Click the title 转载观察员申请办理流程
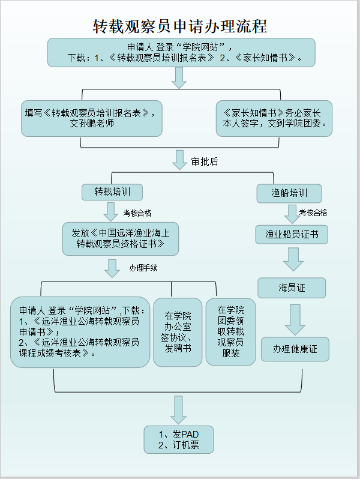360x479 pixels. pyautogui.click(x=180, y=26)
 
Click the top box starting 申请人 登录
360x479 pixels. pyautogui.click(x=181, y=52)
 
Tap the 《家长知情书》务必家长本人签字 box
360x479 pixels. pyautogui.click(x=274, y=118)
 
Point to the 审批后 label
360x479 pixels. pyautogui.click(x=205, y=161)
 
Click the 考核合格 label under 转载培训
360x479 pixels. pyautogui.click(x=137, y=212)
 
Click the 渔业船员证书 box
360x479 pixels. pyautogui.click(x=292, y=234)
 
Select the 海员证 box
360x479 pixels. pyautogui.click(x=292, y=288)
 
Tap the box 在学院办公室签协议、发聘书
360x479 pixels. pyautogui.click(x=178, y=332)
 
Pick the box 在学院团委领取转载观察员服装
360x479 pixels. pyautogui.click(x=230, y=332)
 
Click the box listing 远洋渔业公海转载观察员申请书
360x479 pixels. pyautogui.click(x=80, y=332)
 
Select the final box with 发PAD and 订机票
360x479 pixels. pyautogui.click(x=178, y=440)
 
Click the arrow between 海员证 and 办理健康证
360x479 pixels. pyautogui.click(x=295, y=319)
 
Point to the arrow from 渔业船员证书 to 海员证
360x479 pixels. pyautogui.click(x=293, y=259)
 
